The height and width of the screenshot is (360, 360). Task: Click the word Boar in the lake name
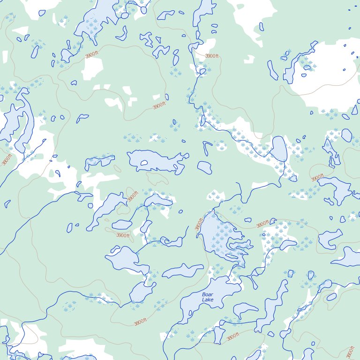coord(207,294)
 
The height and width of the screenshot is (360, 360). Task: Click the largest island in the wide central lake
coord(143,163)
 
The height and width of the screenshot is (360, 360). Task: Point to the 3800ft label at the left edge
coord(7,159)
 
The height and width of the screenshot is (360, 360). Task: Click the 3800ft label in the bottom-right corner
coord(350,352)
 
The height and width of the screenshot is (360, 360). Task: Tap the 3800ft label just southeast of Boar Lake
coord(233,336)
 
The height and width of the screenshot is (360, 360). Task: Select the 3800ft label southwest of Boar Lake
coord(140,322)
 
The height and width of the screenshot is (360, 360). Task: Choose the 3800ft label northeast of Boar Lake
coord(262,224)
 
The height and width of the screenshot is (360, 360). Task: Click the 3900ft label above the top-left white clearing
coord(92,55)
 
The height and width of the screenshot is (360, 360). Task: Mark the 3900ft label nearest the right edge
coord(317,178)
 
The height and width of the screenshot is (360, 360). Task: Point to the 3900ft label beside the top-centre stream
coord(211,56)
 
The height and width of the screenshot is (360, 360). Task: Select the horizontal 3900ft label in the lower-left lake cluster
coord(122,235)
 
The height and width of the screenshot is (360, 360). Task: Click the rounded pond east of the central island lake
coord(204,167)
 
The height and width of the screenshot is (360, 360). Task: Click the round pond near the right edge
coord(346,135)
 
